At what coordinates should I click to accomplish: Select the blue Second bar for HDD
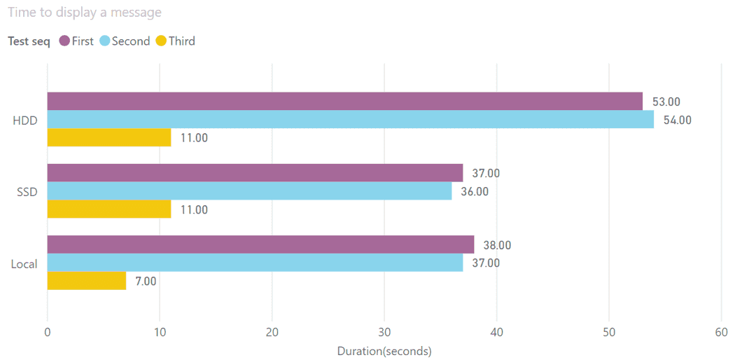[x=350, y=120]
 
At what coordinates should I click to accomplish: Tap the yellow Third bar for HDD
[x=108, y=138]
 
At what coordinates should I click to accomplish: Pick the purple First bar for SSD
[x=255, y=173]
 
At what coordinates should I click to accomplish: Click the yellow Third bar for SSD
[x=108, y=209]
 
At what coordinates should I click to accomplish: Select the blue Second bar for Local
[x=255, y=263]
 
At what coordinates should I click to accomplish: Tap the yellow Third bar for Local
[x=86, y=281]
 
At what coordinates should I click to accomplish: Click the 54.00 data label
[x=677, y=120]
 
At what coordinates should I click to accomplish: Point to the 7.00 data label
[x=146, y=281]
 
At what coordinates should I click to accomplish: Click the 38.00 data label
[x=497, y=245]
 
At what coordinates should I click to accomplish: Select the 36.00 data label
[x=475, y=191]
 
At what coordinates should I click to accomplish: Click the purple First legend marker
[x=64, y=41]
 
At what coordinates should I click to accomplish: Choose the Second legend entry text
[x=131, y=41]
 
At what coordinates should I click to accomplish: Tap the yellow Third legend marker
[x=161, y=41]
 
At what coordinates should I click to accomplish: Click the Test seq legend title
[x=29, y=41]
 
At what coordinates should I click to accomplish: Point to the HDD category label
[x=25, y=120]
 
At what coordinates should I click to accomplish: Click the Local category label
[x=24, y=264]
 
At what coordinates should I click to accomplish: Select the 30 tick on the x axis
[x=384, y=333]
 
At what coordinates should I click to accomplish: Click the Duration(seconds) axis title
[x=384, y=351]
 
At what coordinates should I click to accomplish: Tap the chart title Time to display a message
[x=85, y=13]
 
